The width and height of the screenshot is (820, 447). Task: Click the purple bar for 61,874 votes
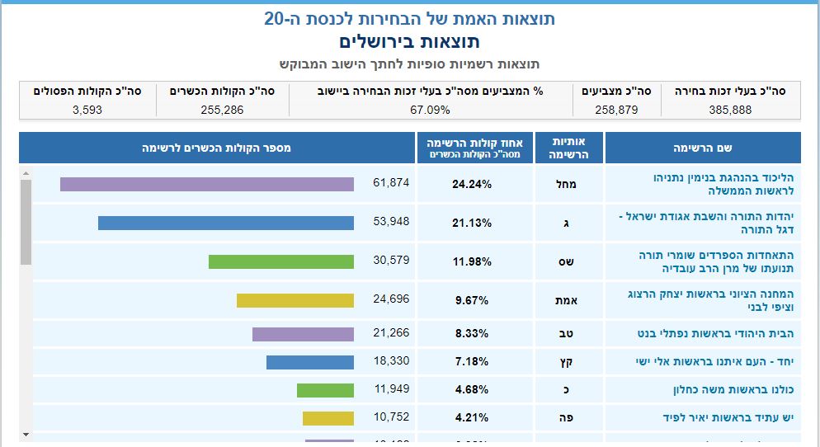pos(206,184)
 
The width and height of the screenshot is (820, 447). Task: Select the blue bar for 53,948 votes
pos(225,223)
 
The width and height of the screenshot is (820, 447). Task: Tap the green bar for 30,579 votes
pos(280,261)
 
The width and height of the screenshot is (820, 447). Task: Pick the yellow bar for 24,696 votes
pos(295,300)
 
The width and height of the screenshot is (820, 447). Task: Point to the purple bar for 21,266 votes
pos(303,334)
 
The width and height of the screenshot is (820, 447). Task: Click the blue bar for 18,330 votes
pos(309,362)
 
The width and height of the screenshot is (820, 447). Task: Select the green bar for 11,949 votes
pos(325,390)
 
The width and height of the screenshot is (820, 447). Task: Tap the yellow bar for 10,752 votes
pos(328,418)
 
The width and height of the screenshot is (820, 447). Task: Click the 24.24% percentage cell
pos(472,184)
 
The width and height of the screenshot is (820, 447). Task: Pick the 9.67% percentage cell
pos(472,300)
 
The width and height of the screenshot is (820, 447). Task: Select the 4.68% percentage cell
pos(472,390)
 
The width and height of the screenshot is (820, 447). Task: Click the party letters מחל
pos(569,184)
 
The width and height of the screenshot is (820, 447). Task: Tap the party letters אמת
pos(569,300)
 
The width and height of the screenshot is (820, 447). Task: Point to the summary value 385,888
pos(730,109)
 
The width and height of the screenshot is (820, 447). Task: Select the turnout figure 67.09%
pos(430,109)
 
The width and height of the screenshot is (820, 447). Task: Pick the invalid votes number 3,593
pos(87,109)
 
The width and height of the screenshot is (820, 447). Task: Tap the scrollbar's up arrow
pos(26,174)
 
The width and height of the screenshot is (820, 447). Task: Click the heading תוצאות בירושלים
pos(409,41)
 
